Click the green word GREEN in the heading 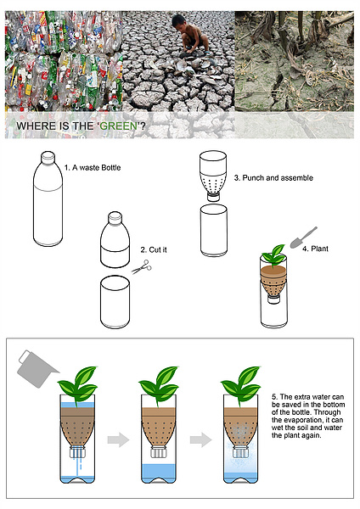coord(118,126)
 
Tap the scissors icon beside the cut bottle coord(142,267)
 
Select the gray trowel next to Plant coord(303,238)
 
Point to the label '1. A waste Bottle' coord(93,168)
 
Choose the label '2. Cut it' coord(154,249)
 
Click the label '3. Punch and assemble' coord(273,178)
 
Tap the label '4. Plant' coord(315,249)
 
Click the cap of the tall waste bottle coord(48,157)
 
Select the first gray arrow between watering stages coord(118,439)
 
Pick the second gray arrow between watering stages coord(200,439)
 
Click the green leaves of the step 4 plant coord(273,255)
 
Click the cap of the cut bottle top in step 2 coord(115,217)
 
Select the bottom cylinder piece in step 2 coord(115,302)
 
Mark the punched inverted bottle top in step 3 coord(213,176)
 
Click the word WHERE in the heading coord(31,126)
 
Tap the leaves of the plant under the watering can coord(78,383)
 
